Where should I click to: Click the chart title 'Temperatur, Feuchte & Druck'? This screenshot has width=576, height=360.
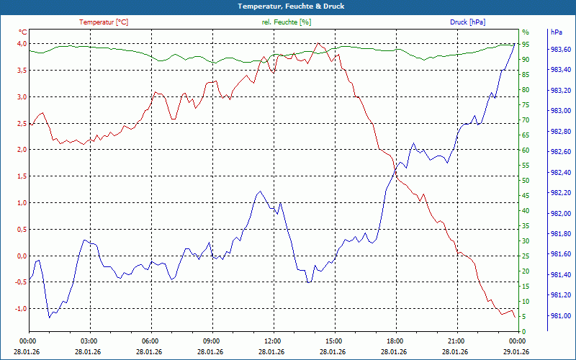coord(288,6)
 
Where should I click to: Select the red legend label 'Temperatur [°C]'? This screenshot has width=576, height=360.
coord(104,22)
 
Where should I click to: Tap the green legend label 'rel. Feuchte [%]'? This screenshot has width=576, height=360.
coord(287,22)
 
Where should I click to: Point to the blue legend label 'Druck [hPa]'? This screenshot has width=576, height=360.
coord(467,22)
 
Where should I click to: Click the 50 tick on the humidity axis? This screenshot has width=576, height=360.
coord(526,181)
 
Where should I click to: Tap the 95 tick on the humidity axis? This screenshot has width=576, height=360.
coord(526,45)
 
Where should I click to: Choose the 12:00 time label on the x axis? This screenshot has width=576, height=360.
coord(273,341)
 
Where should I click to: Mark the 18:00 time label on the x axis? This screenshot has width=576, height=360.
coord(395,341)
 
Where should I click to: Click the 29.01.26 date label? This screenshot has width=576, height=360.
coord(517,351)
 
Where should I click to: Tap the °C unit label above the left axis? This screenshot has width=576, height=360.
coord(23,32)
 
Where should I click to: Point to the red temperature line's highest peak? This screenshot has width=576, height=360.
coord(318,43)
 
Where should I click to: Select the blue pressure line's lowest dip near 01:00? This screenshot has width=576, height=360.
coord(49,318)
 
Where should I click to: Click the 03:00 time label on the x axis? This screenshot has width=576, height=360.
coord(89,341)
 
